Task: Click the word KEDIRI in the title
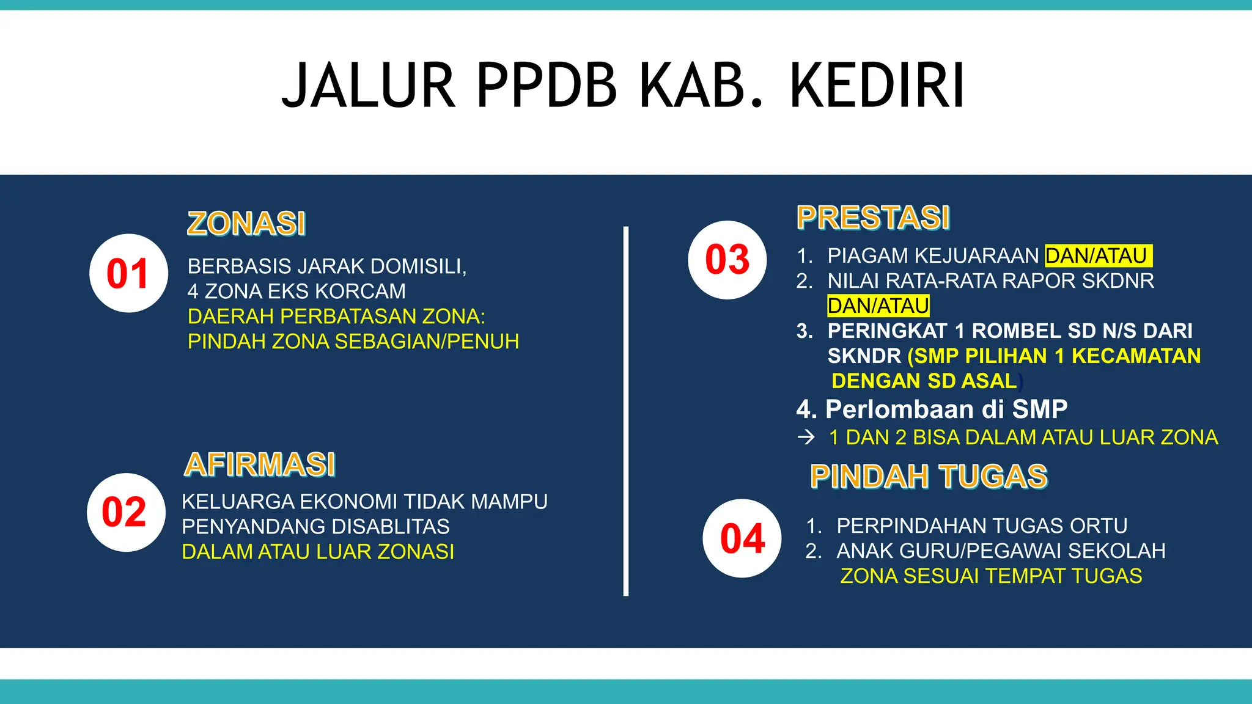877,86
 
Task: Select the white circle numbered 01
128,273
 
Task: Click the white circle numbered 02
125,512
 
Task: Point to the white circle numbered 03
727,260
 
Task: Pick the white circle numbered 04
742,538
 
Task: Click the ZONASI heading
246,223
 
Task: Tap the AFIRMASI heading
260,464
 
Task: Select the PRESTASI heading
873,218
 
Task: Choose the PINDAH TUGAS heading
929,477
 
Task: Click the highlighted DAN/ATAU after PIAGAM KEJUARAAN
1097,255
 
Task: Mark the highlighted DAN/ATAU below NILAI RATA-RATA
878,306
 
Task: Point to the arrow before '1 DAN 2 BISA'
806,437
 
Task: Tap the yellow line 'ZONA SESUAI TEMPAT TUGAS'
991,576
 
